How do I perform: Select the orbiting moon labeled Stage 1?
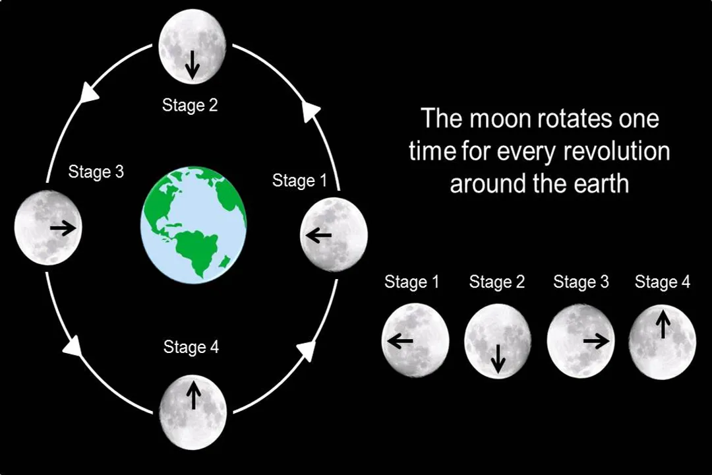pos(334,234)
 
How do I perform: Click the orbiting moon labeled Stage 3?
pos(48,228)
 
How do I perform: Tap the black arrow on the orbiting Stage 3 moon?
pos(63,228)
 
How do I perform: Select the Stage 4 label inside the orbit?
pos(191,347)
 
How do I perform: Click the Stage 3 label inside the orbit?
pos(96,172)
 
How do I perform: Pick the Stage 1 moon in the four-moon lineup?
pos(415,340)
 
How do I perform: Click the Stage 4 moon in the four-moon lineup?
pos(662,342)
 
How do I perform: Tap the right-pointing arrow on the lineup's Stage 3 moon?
pos(596,341)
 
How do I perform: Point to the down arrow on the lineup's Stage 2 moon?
pos(498,356)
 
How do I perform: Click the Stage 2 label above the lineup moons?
pos(497,282)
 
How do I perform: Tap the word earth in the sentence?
pos(601,183)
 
